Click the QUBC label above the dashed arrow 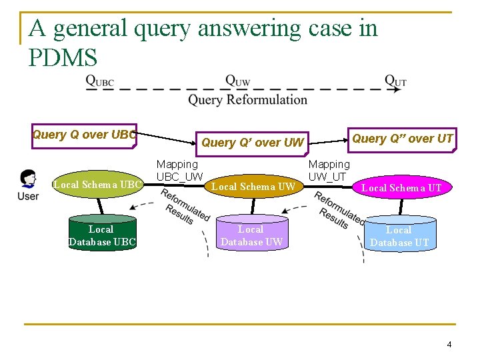pos(99,81)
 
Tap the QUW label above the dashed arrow pos(238,81)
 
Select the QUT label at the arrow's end pos(395,81)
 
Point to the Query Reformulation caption pos(247,100)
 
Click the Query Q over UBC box pos(85,135)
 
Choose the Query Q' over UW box pos(253,142)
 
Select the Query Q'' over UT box pos(402,139)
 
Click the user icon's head pos(29,178)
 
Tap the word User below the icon pos(28,196)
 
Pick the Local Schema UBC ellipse pos(98,184)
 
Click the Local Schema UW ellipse pos(253,187)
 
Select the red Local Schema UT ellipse pos(401,188)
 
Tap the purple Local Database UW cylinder pos(251,235)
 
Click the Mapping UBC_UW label pos(179,170)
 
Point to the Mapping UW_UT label pos(329,170)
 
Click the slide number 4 pos(449,345)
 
